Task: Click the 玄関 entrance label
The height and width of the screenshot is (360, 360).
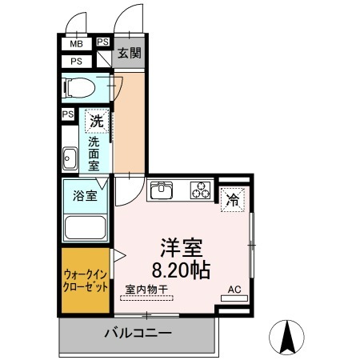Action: [130, 53]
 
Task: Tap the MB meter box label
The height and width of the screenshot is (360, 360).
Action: [77, 43]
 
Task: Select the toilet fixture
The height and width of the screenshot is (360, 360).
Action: [79, 87]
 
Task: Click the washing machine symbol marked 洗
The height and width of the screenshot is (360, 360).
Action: [97, 122]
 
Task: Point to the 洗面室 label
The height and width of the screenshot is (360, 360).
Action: [94, 154]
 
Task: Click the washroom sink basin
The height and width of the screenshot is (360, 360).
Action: [70, 158]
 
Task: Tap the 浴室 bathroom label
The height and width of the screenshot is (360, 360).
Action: [85, 196]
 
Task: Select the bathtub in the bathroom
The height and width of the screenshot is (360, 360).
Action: [86, 227]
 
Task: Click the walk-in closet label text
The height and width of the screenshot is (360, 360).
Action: [86, 281]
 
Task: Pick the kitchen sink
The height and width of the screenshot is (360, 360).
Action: [162, 190]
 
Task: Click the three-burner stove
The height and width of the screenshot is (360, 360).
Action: [201, 190]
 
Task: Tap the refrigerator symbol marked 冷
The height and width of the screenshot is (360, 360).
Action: [233, 199]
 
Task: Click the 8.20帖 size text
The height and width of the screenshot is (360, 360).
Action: [182, 270]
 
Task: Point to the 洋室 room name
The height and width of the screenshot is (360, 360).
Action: [182, 248]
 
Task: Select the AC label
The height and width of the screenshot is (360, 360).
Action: [234, 290]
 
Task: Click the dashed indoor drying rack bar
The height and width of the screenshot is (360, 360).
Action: [146, 298]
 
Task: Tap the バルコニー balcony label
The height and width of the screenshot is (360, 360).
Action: [138, 333]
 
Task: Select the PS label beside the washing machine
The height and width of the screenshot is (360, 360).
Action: [68, 114]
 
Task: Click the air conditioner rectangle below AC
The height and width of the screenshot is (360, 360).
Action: [234, 298]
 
